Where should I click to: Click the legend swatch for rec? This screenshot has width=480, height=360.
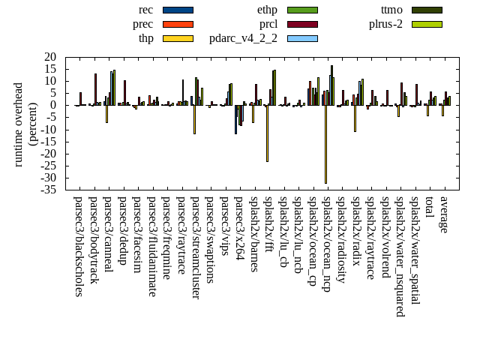178,10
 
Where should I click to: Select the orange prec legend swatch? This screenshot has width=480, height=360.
178,24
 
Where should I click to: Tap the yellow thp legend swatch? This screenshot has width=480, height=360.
178,38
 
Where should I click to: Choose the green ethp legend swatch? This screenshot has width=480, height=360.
302,10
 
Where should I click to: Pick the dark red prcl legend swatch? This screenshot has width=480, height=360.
302,24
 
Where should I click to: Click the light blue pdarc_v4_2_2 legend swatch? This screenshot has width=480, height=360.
302,38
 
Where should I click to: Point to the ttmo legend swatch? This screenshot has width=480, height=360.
427,10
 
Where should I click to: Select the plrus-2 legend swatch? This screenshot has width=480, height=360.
427,24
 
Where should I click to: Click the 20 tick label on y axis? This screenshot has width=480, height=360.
51,57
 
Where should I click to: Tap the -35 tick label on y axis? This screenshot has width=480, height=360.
49,190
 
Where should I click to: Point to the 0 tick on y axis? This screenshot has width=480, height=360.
54,105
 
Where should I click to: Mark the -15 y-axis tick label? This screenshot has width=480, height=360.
49,142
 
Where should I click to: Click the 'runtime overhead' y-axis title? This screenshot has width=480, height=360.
19,124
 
